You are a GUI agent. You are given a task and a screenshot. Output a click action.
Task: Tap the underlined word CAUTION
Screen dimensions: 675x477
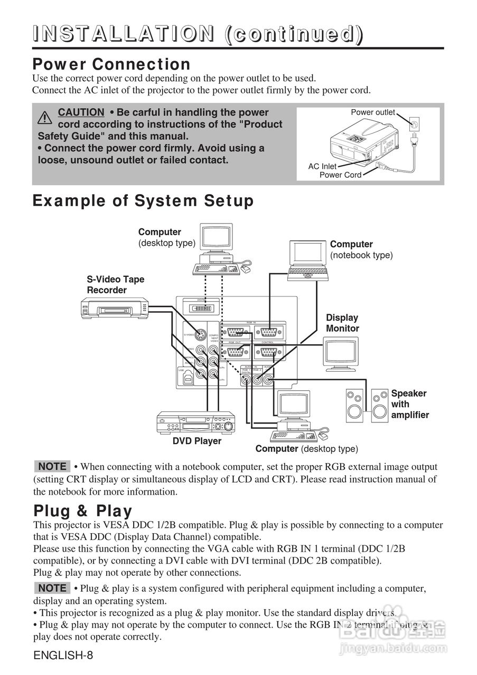[81, 112]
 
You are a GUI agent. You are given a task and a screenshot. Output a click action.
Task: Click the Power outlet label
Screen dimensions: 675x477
[373, 112]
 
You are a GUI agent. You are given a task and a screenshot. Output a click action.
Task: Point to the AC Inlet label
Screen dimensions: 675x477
[322, 167]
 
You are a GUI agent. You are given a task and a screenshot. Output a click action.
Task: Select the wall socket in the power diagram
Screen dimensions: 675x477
[416, 124]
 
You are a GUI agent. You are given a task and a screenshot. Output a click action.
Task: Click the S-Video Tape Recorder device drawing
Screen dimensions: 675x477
[114, 307]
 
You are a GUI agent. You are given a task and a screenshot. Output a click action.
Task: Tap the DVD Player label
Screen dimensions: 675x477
[197, 441]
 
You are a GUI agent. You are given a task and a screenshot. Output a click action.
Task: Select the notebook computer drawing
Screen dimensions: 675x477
[308, 261]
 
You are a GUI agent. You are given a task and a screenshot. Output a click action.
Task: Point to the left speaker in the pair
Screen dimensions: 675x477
[354, 404]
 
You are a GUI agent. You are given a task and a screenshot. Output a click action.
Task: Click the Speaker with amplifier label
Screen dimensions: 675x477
[409, 404]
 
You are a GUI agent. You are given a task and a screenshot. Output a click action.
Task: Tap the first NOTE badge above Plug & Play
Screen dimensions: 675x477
[52, 467]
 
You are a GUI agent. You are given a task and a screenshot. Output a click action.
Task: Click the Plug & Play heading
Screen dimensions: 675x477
[83, 511]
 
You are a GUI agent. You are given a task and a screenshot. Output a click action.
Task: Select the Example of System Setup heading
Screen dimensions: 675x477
[143, 201]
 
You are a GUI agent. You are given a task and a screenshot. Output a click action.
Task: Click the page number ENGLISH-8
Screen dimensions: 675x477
[63, 656]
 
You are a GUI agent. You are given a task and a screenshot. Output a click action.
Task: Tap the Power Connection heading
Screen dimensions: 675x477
[111, 64]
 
